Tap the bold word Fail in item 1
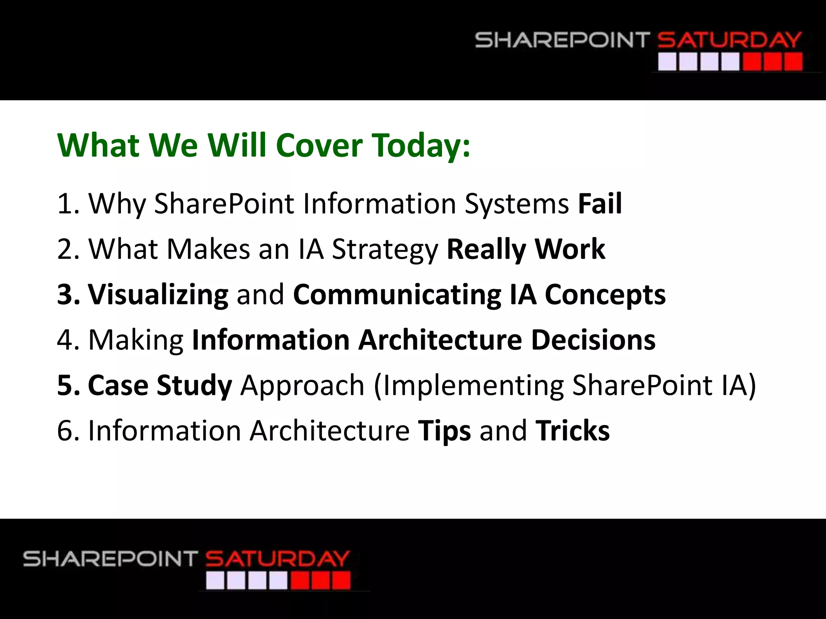(x=600, y=204)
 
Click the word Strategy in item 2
(x=385, y=249)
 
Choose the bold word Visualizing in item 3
(x=158, y=295)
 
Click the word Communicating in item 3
(x=397, y=295)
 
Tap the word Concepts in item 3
(x=605, y=295)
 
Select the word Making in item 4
(x=136, y=341)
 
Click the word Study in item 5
(x=194, y=386)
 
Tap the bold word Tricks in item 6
(x=572, y=431)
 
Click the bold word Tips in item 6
(x=444, y=431)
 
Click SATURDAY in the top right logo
(x=729, y=40)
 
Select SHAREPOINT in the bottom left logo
(x=110, y=559)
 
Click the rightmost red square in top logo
(x=793, y=62)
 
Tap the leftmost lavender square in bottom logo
(x=215, y=581)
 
